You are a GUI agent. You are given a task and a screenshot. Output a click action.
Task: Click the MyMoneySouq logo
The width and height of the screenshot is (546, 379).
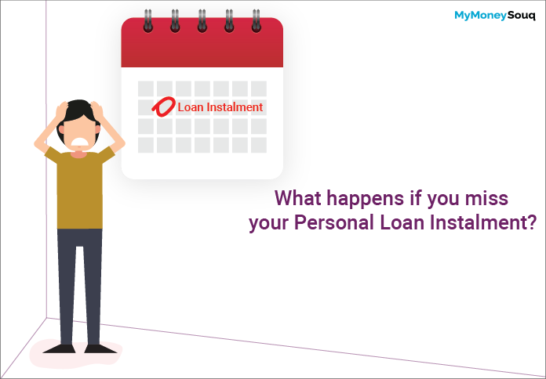tap(495, 16)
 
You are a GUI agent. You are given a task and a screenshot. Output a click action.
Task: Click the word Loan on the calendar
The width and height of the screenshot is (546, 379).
tap(191, 107)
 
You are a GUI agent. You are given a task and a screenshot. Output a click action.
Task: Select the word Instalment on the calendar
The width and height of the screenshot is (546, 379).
tap(235, 107)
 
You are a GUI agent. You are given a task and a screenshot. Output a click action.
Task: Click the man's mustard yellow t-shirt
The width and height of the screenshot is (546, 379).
tap(80, 188)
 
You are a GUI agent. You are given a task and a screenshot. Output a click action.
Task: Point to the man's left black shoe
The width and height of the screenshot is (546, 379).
tap(59, 348)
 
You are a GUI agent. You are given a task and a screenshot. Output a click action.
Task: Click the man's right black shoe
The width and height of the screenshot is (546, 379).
tap(100, 348)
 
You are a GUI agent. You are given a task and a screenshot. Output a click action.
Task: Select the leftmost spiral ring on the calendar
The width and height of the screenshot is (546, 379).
tap(148, 21)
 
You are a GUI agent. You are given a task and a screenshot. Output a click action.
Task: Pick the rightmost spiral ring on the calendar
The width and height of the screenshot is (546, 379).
tap(257, 21)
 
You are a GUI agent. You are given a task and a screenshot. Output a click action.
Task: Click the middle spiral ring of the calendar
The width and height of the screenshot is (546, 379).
tap(202, 21)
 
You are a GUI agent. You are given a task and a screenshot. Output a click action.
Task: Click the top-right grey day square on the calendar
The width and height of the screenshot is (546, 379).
tap(259, 88)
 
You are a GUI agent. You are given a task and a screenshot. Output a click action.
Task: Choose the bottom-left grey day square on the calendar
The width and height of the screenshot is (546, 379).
tap(146, 145)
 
